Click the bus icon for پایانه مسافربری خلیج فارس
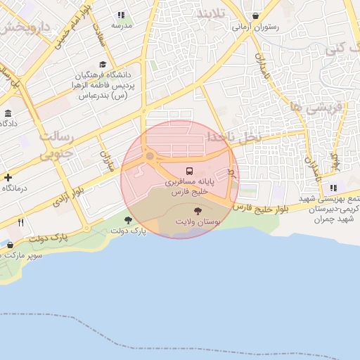coord(188,171)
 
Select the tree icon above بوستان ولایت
coord(197,210)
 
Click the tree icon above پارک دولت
coord(128,220)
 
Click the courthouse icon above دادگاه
coord(8,113)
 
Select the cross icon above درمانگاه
coord(8,178)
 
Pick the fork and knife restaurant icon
coord(20,223)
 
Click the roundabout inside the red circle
coord(150,155)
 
